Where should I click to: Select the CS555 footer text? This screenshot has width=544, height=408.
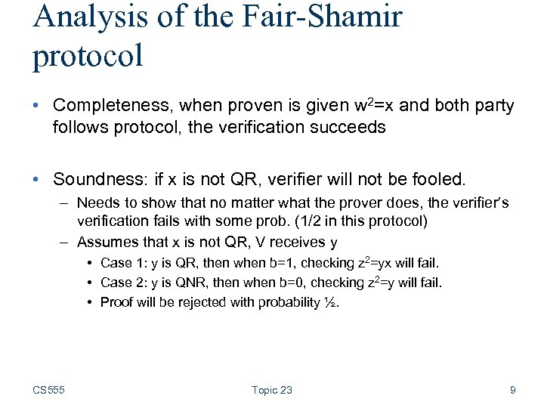point(48,390)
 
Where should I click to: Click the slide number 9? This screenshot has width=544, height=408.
point(513,390)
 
